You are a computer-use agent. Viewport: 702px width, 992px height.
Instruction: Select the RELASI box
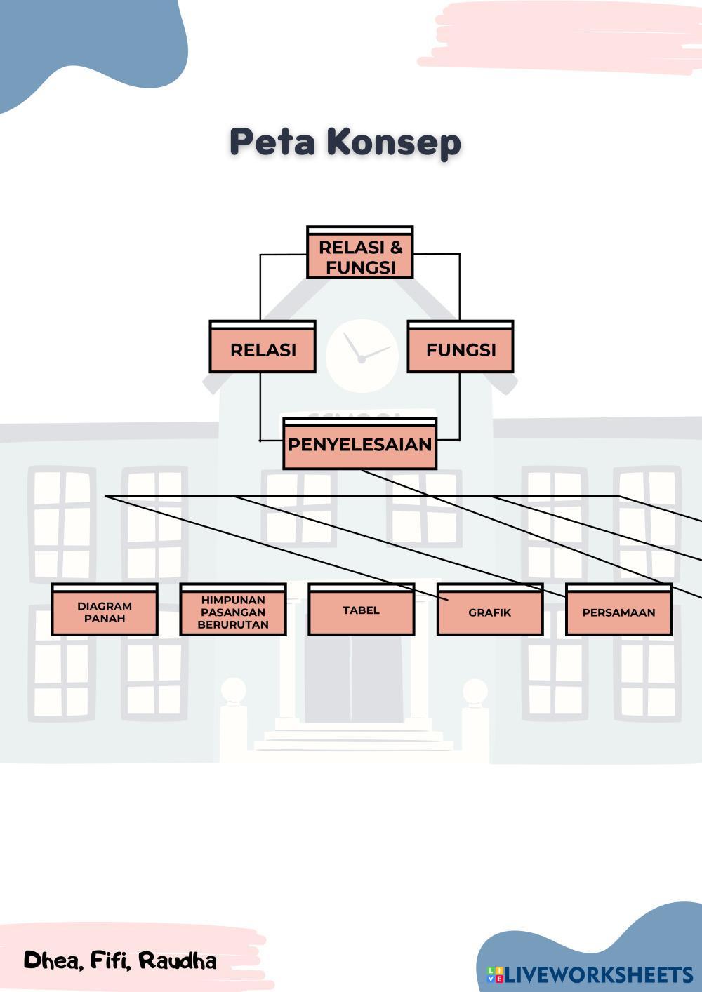(x=263, y=348)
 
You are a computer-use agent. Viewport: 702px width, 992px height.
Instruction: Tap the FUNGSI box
(x=461, y=348)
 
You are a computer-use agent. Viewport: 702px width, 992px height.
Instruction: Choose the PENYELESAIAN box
(x=359, y=444)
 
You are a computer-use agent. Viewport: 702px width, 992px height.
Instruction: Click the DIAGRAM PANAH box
(x=105, y=611)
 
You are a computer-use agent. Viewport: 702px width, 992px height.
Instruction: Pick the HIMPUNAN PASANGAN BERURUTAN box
(x=233, y=611)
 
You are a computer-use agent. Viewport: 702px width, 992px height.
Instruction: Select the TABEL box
(x=361, y=610)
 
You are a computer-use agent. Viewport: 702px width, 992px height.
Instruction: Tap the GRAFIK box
(x=490, y=612)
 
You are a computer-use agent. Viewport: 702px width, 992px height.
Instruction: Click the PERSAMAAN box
(x=618, y=612)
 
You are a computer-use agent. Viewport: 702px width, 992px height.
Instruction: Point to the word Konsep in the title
(x=394, y=142)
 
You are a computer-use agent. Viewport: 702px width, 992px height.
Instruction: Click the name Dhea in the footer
(x=53, y=960)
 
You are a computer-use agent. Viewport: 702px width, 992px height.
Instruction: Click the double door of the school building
(x=354, y=678)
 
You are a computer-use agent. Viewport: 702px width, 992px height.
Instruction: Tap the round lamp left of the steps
(x=233, y=690)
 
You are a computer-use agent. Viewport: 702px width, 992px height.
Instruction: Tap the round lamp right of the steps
(x=475, y=691)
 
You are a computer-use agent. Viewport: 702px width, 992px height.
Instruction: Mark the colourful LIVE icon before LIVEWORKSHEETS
(x=496, y=974)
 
